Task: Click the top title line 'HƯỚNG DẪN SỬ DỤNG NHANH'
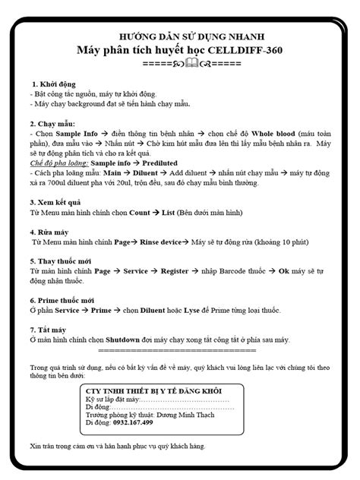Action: tap(179, 36)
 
